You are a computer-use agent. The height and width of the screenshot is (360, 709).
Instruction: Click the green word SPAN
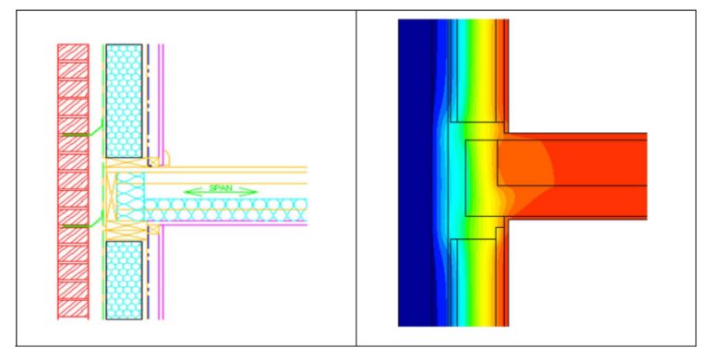click(x=222, y=188)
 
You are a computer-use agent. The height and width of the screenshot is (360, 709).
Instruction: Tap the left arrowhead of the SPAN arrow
click(x=189, y=192)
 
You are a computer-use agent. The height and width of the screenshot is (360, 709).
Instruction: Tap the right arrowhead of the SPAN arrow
click(x=251, y=191)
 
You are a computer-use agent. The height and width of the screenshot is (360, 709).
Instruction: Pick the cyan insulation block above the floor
click(x=124, y=101)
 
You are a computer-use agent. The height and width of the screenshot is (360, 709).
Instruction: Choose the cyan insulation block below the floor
click(x=124, y=281)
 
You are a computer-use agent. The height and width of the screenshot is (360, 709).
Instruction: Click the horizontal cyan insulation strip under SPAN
click(x=225, y=210)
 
